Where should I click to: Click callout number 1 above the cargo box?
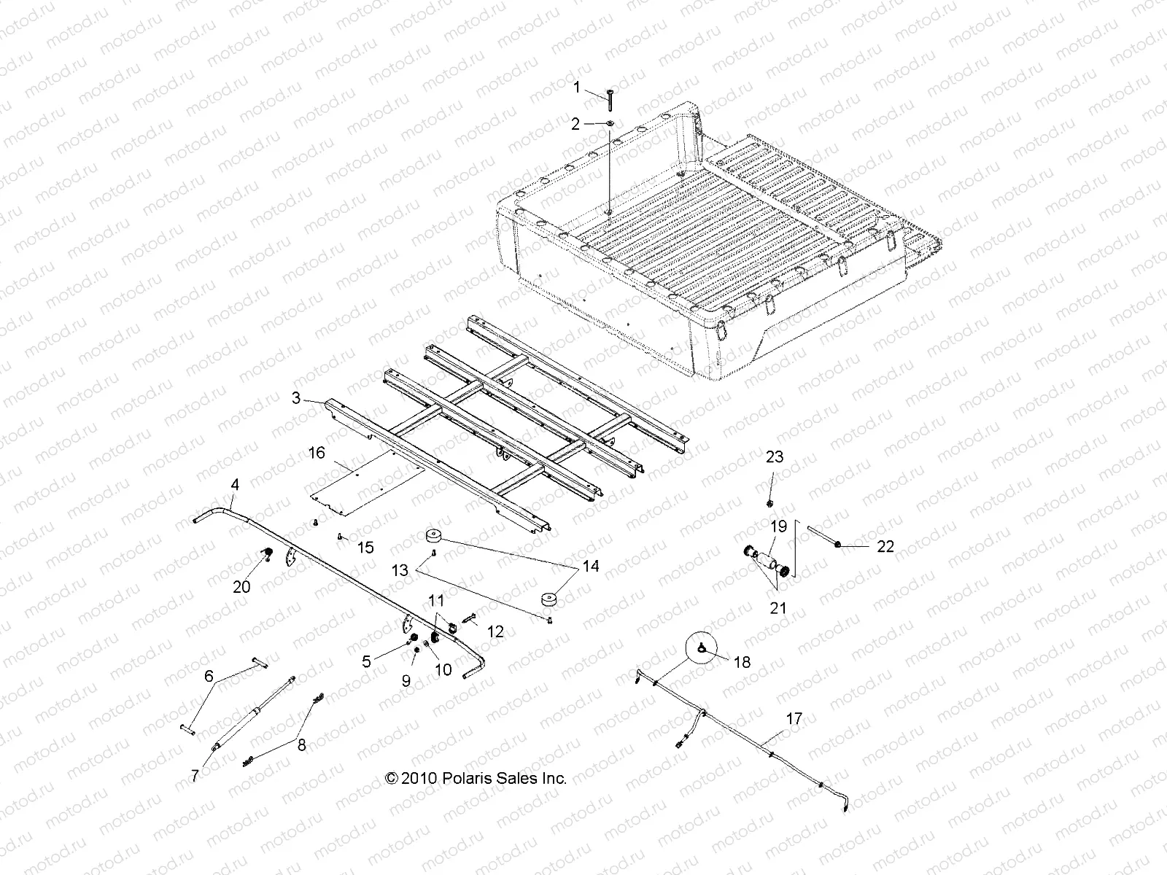[x=576, y=88]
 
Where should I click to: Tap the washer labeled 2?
[x=610, y=124]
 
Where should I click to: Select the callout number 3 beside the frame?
[x=295, y=398]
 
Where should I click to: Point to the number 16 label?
[x=317, y=454]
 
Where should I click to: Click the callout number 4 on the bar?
[x=234, y=484]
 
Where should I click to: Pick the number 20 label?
[x=241, y=586]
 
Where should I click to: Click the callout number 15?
[x=365, y=548]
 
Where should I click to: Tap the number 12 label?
[x=495, y=631]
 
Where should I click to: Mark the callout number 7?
[x=195, y=776]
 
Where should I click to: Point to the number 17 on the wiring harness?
[x=794, y=719]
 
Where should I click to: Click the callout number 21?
[x=779, y=607]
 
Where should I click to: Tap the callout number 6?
[x=209, y=677]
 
